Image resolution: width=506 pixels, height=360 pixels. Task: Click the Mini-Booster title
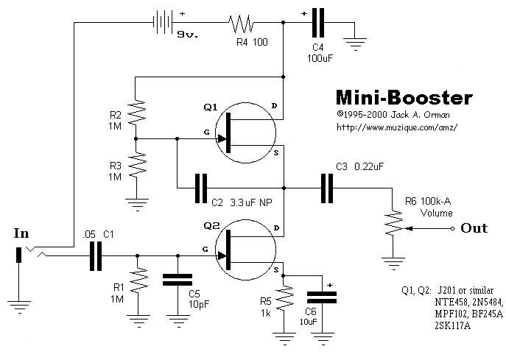coord(404,98)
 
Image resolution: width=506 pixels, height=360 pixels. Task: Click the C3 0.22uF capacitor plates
coord(326,187)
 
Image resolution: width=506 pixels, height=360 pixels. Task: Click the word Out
coord(474,228)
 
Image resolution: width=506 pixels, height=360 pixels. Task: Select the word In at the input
coord(21,233)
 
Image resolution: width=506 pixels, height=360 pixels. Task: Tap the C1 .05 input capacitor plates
coord(95,255)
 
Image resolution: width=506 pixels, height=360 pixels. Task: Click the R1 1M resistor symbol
coord(136,281)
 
